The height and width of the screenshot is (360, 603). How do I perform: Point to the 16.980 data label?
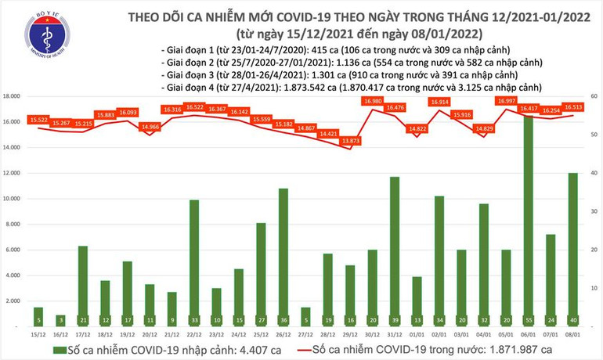(373, 101)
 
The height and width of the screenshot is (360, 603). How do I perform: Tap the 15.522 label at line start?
(38, 119)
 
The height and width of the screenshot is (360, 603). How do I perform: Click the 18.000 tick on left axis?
(12, 96)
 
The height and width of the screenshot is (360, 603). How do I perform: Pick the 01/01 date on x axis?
(417, 334)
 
